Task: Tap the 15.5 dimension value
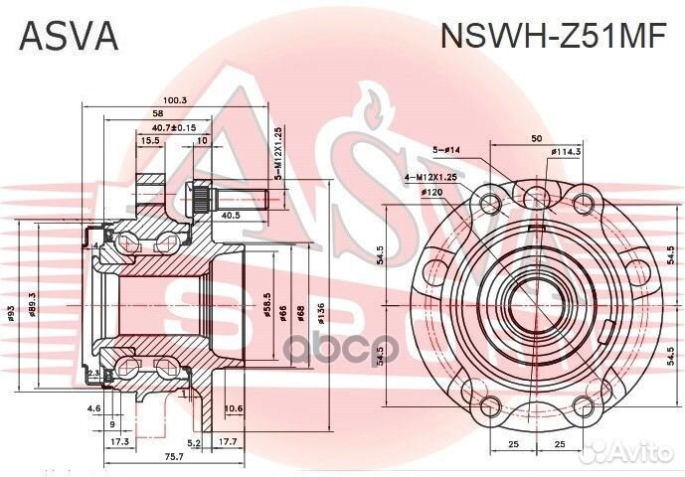pos(150,141)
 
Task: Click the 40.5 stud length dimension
pos(230,214)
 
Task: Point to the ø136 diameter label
pos(320,313)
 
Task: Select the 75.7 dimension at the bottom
pos(174,456)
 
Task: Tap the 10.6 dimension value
pos(233,408)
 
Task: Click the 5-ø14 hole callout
pos(448,150)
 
